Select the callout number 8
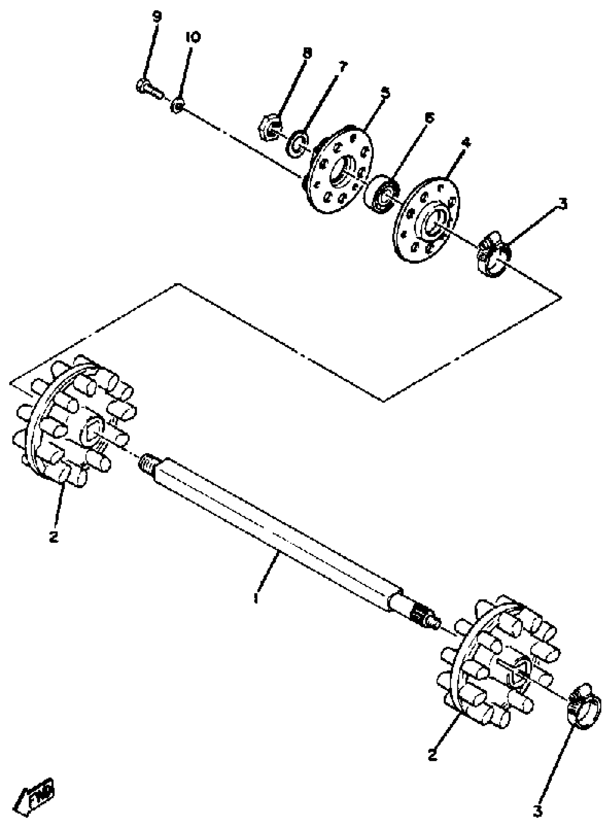[307, 53]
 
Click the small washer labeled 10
[177, 107]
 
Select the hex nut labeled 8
[269, 129]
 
